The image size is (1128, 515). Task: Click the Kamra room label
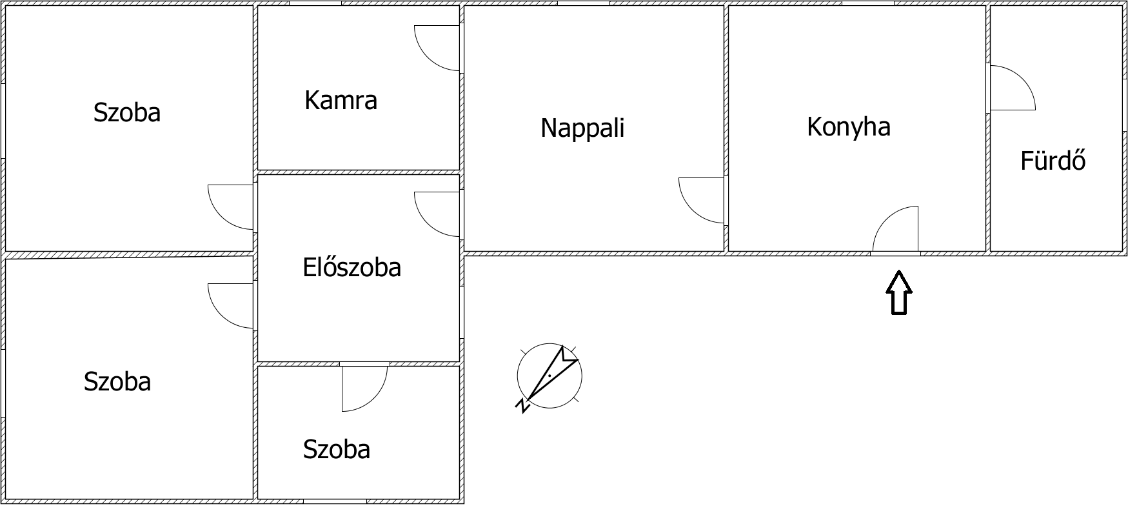click(341, 101)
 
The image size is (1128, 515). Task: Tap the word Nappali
click(582, 128)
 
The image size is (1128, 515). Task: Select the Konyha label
click(848, 126)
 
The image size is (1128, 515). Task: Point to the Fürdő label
click(1053, 161)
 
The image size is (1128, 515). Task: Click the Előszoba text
click(351, 267)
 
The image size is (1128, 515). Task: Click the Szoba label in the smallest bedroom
click(337, 449)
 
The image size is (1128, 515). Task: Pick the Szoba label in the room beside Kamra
click(127, 112)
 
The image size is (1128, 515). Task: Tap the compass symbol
click(549, 376)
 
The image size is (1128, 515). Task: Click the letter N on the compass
click(522, 406)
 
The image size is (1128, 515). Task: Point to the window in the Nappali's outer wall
click(583, 3)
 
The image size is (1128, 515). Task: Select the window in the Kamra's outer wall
click(315, 3)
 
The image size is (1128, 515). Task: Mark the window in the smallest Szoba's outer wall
click(335, 501)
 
